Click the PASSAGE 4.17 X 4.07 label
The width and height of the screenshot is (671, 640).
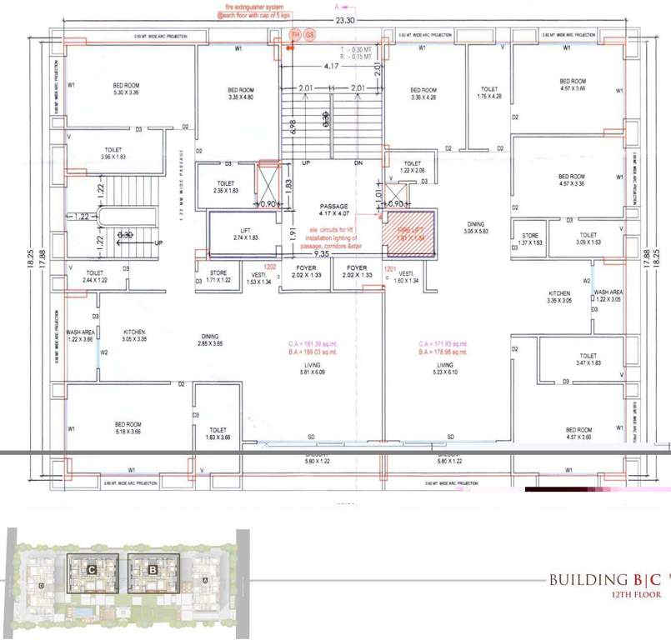pos(331,208)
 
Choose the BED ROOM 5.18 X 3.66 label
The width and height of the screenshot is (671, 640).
pos(128,427)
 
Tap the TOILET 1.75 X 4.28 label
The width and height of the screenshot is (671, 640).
pos(489,92)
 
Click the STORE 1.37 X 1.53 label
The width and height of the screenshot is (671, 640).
pos(530,239)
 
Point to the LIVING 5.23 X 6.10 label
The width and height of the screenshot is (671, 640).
pos(445,369)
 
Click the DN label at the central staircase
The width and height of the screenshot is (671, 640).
pos(358,163)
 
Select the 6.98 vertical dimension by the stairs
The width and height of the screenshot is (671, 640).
pos(293,127)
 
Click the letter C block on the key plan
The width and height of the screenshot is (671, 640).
pos(89,569)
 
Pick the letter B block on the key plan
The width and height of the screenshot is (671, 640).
pos(153,569)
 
